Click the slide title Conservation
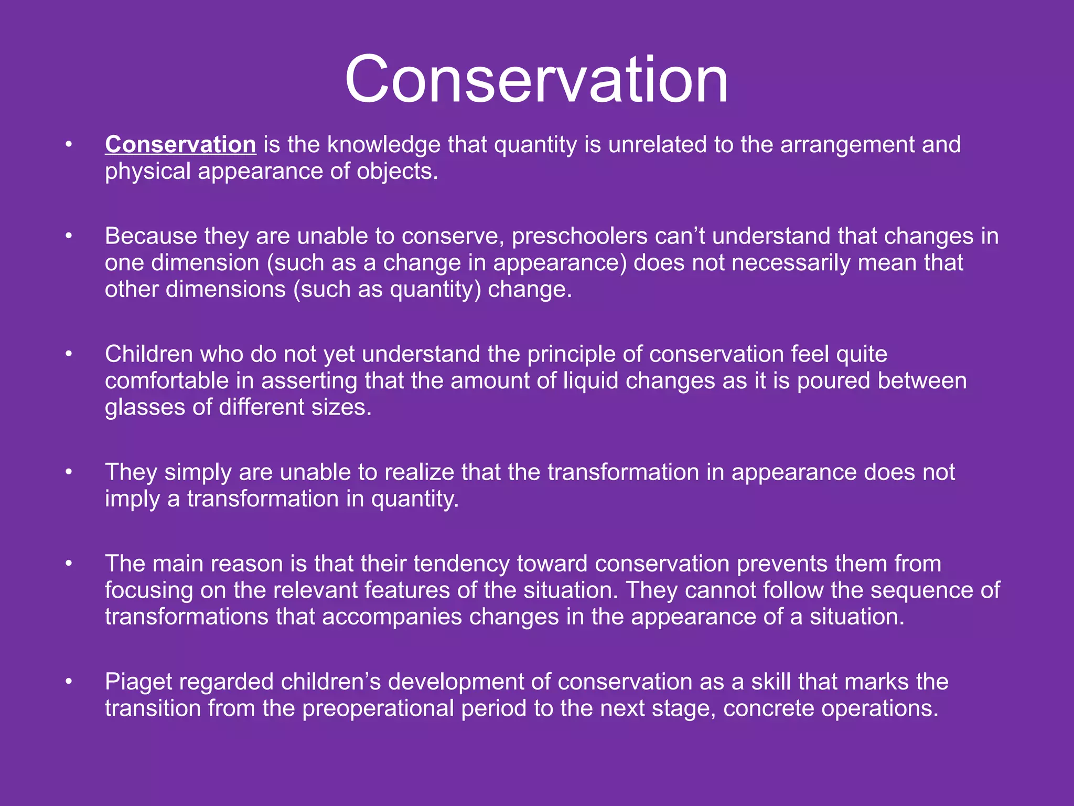[x=536, y=80]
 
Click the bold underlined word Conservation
[x=180, y=145]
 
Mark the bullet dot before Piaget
[x=68, y=682]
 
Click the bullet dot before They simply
[x=68, y=472]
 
